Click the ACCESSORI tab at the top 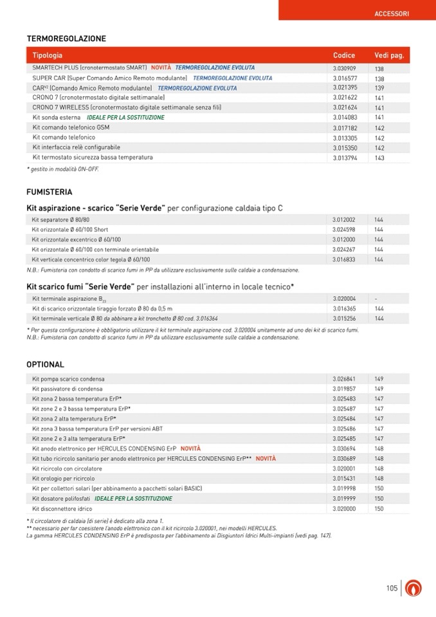tap(391, 13)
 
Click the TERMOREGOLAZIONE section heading tap(66, 39)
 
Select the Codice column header tap(344, 55)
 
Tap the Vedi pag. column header tap(389, 55)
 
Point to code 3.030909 tap(344, 68)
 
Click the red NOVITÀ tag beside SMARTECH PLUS tap(161, 68)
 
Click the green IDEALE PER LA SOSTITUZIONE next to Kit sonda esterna tap(125, 118)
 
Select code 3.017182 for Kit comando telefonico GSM tap(344, 128)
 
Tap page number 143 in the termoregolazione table tap(379, 158)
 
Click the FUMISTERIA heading tap(50, 192)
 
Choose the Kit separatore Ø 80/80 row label tap(60, 220)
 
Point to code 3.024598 tap(344, 230)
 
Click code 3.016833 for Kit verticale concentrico tap(344, 259)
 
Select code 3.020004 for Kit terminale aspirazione tap(344, 299)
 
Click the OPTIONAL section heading tap(45, 365)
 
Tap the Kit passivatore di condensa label tap(68, 389)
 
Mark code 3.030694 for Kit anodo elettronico tap(344, 448)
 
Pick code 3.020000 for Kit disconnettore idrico tap(344, 508)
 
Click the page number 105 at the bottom tap(392, 588)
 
